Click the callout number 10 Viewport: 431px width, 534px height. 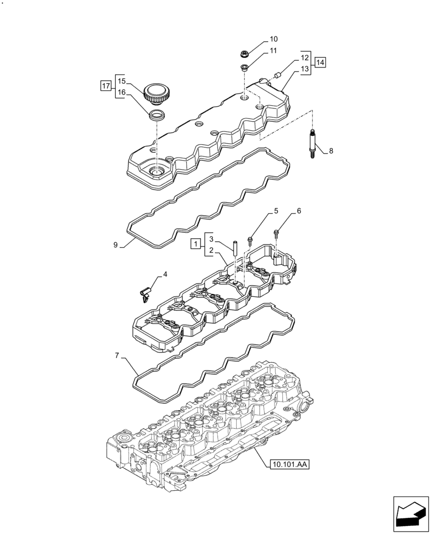click(x=273, y=39)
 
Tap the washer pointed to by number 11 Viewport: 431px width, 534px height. click(x=245, y=68)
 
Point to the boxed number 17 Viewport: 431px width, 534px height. click(x=105, y=85)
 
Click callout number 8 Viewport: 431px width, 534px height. click(x=331, y=151)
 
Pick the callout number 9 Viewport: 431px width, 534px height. click(x=115, y=245)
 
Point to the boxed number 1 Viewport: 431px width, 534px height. click(x=196, y=244)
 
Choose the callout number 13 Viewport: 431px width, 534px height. click(x=304, y=68)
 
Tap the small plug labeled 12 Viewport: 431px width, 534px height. click(x=277, y=76)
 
